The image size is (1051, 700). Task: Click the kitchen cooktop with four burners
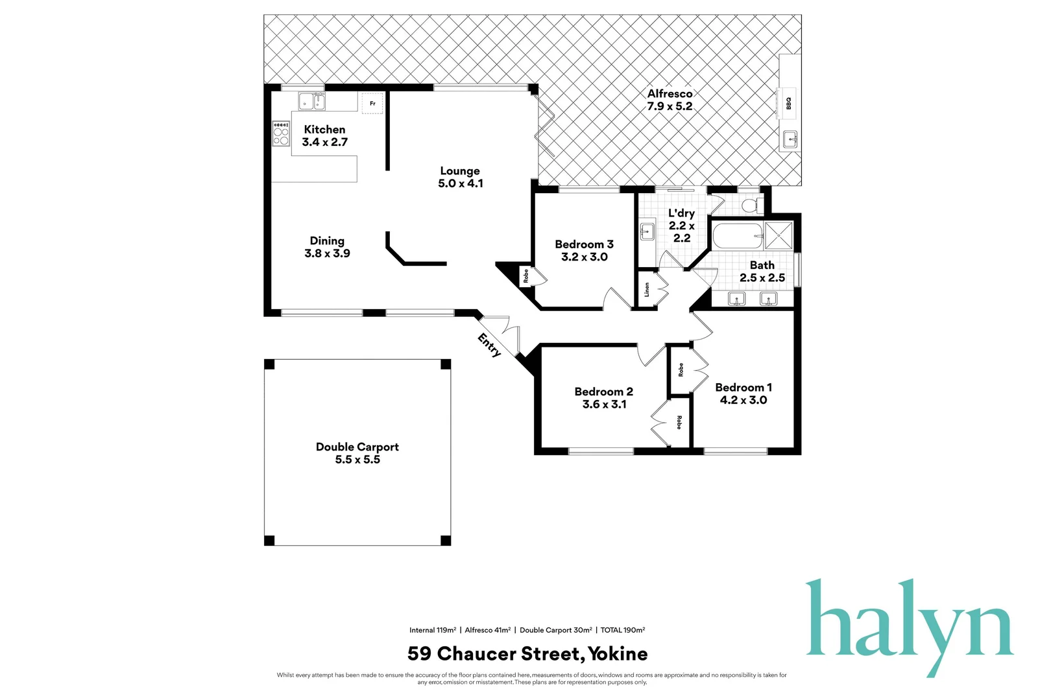281,133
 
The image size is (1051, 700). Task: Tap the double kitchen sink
311,101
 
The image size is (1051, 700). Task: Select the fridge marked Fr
372,103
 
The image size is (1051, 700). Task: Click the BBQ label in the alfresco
789,103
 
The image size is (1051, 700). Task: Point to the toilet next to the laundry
751,205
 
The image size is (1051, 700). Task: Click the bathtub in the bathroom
738,236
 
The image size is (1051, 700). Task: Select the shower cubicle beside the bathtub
779,236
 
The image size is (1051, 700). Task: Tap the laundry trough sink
647,230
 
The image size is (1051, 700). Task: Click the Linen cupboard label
647,290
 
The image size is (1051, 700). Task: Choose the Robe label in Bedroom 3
526,276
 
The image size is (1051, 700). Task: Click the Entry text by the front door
489,345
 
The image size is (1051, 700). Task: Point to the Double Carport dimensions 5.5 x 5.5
357,460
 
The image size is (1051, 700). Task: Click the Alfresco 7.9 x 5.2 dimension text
670,106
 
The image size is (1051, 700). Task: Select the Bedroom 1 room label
743,388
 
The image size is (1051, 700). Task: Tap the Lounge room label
460,171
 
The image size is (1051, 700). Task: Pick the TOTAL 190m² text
622,630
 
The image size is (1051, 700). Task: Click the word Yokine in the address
618,653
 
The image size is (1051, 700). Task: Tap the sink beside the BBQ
790,139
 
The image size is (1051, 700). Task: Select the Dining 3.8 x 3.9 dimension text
327,253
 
